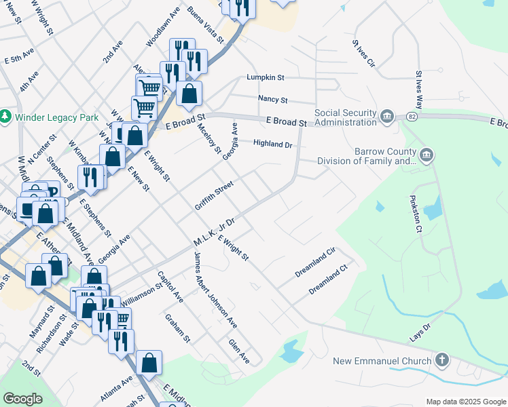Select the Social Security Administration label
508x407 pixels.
(x=345, y=117)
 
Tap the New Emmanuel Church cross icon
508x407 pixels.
(x=442, y=360)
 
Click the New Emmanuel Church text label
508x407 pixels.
(x=382, y=360)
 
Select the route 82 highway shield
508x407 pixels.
(x=412, y=117)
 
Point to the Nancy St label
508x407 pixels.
(x=273, y=99)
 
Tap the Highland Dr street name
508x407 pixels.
(x=272, y=144)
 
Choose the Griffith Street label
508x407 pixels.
(x=214, y=195)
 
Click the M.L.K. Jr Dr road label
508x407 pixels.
(x=213, y=232)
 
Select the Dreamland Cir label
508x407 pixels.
(x=315, y=263)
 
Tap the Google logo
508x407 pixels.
(x=23, y=399)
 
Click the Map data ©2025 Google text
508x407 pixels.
(x=465, y=402)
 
